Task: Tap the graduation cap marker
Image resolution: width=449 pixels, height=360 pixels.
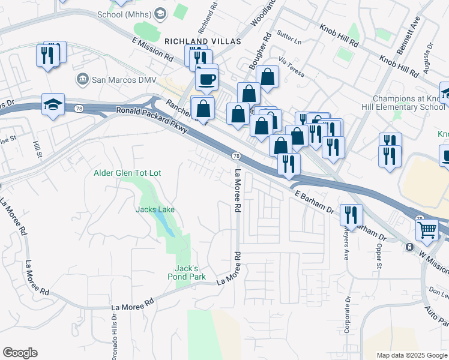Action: click(x=53, y=104)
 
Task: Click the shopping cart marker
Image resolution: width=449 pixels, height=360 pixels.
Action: click(x=427, y=229)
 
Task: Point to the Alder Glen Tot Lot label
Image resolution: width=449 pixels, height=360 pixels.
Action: click(x=127, y=173)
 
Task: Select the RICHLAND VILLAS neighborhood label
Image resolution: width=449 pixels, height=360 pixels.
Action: click(x=202, y=41)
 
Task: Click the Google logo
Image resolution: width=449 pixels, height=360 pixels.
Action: click(x=20, y=353)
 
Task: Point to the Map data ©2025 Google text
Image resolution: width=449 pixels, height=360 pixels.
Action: click(x=411, y=355)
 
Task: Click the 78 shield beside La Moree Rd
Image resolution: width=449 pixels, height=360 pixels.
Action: click(x=236, y=156)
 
